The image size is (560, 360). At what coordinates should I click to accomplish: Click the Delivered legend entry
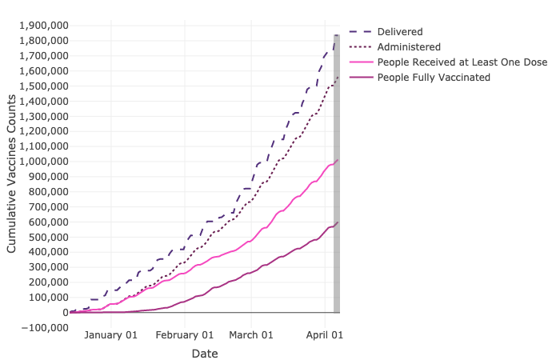click(x=401, y=31)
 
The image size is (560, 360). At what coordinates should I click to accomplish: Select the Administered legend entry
click(x=408, y=46)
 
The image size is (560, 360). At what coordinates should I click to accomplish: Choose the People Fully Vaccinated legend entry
click(x=434, y=77)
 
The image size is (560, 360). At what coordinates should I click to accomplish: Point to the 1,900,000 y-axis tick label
click(x=41, y=26)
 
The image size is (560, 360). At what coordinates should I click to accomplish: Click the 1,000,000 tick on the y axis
click(x=41, y=162)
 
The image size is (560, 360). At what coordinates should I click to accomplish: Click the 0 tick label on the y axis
click(x=62, y=312)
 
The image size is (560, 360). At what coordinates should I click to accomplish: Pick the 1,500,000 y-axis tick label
click(x=41, y=86)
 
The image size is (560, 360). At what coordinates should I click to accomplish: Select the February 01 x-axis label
click(x=185, y=335)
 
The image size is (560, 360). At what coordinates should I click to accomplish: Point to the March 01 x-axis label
click(x=252, y=335)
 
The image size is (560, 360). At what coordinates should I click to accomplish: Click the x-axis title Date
click(x=205, y=353)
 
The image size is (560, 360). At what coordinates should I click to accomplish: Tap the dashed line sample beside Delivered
click(x=356, y=31)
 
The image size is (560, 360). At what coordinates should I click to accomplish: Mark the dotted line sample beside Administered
click(x=356, y=46)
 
